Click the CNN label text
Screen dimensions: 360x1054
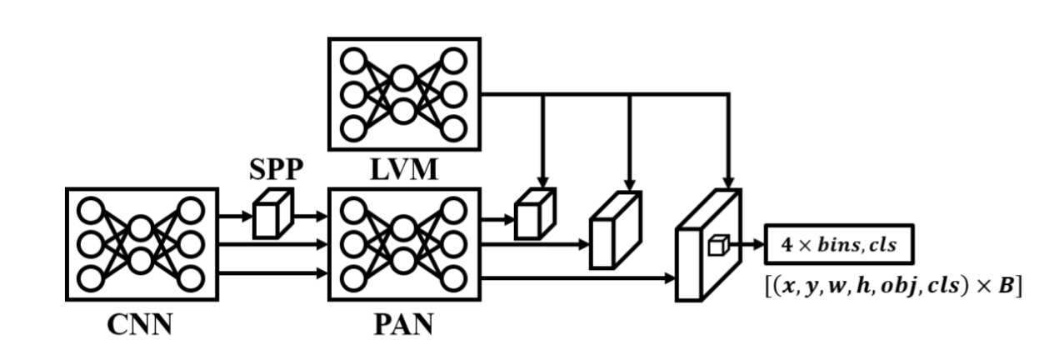139,323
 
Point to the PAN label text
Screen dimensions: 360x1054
404,323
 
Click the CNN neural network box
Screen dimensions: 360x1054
140,242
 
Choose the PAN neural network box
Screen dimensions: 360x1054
404,242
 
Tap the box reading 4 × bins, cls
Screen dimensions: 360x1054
840,245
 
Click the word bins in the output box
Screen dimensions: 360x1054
842,245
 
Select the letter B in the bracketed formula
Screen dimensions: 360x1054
1006,286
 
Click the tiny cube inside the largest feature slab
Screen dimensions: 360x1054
717,244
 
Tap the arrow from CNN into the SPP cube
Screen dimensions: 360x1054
234,216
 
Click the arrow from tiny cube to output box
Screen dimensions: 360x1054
745,244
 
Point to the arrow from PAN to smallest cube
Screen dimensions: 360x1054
497,220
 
